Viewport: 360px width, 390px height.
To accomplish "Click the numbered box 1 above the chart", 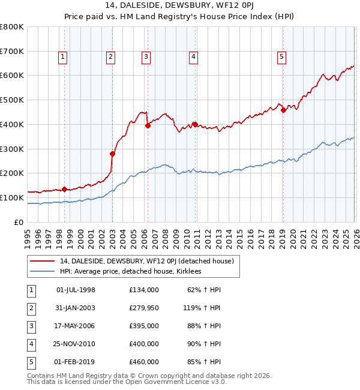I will [x=63, y=57].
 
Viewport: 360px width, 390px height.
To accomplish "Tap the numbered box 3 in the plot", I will [x=146, y=57].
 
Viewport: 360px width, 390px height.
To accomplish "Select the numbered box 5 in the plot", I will [x=281, y=57].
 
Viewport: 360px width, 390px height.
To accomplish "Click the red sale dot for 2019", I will [x=283, y=110].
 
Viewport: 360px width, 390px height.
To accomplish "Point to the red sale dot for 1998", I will [x=64, y=189].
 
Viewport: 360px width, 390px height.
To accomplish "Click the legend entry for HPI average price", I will [x=130, y=271].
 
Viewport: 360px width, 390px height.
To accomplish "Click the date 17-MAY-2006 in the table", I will [x=76, y=326].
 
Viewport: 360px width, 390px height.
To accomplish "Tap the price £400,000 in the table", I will [x=144, y=344].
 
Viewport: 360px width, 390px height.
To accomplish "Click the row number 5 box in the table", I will [x=32, y=362].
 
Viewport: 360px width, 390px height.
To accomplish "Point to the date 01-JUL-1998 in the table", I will [x=76, y=290].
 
